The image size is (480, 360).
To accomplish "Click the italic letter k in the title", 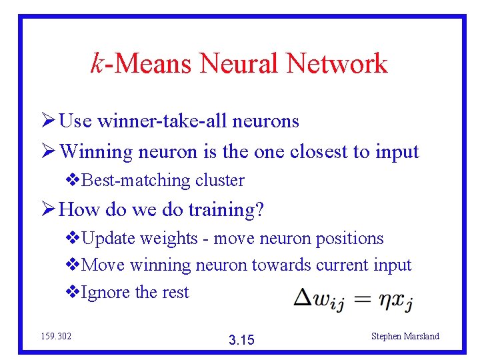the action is click(x=97, y=63).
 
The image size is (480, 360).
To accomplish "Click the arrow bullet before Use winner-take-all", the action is click(x=47, y=121).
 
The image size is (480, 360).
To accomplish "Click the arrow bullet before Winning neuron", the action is click(x=47, y=151).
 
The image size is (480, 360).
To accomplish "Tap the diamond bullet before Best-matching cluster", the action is click(x=72, y=181).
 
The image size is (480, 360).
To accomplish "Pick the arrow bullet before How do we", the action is click(x=47, y=210).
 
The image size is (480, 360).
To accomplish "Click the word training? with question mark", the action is click(x=227, y=211).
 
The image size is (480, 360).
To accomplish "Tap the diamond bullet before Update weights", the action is click(x=72, y=239).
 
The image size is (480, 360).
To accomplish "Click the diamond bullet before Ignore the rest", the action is click(x=72, y=293).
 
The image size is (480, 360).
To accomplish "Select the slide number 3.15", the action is click(x=241, y=340).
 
